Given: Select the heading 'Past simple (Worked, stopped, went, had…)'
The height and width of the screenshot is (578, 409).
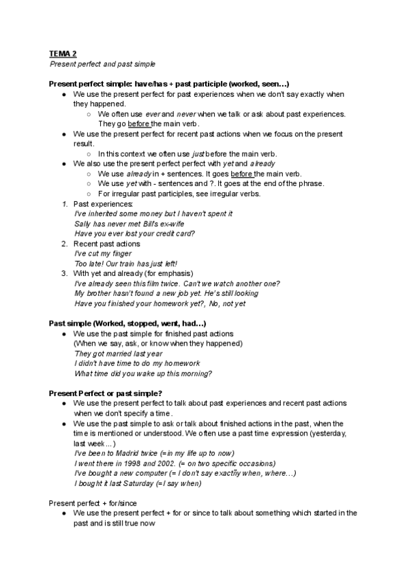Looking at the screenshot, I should pos(127,322).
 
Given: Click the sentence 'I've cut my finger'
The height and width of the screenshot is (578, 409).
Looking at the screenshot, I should pos(103,254).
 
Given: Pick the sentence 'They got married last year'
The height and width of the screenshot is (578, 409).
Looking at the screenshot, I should pos(118,354).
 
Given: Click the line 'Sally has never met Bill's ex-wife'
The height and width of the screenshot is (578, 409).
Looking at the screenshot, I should pos(129,224).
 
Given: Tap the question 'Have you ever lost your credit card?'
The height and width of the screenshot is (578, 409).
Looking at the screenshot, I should pos(134,233).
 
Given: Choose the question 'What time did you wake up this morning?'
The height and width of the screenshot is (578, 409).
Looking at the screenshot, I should pos(142,374).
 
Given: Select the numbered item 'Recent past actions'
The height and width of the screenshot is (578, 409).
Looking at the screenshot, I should pos(106,243).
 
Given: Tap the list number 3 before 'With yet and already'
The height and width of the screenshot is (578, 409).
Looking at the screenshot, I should pos(64,273).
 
